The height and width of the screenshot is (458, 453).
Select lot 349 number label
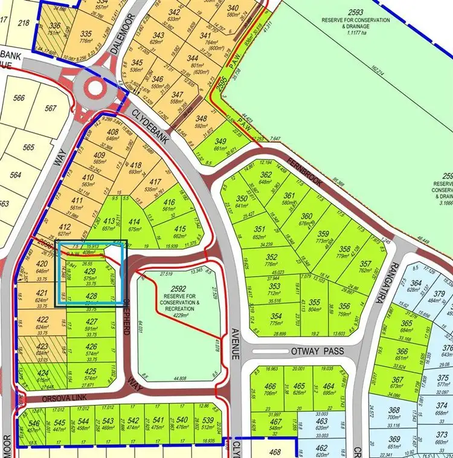point(221,142)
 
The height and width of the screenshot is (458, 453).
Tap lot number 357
point(365,264)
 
